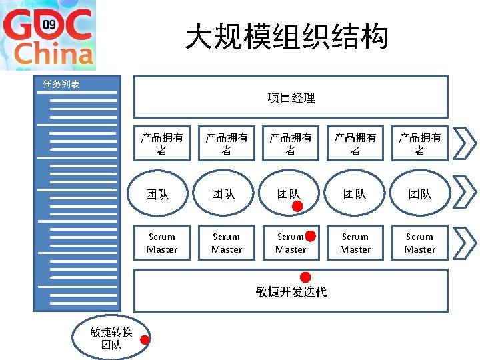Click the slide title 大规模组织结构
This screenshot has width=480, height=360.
point(287,37)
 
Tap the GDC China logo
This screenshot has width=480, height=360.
point(47,35)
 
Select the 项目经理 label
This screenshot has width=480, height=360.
point(291,98)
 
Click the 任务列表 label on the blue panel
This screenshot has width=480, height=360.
point(61,84)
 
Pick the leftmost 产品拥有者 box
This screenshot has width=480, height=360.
point(162,143)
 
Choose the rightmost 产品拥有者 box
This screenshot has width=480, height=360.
point(420,143)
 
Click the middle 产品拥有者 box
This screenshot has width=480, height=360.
point(291,143)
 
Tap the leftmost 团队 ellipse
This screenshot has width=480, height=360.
point(158,194)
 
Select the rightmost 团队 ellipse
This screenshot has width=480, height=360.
point(420,194)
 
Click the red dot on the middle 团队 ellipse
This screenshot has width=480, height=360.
point(297,207)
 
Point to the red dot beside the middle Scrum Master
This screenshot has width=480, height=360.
point(310,235)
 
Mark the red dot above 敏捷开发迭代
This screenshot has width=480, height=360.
point(305,277)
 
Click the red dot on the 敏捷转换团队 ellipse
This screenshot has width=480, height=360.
point(145,339)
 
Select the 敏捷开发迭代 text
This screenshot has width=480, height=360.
point(291,292)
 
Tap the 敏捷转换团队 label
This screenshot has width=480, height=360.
point(111,339)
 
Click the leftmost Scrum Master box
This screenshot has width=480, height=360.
point(162,243)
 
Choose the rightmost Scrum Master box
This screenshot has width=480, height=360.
point(420,243)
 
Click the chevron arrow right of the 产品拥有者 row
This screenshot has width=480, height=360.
point(464,143)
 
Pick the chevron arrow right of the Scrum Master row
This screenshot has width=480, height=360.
point(464,243)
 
